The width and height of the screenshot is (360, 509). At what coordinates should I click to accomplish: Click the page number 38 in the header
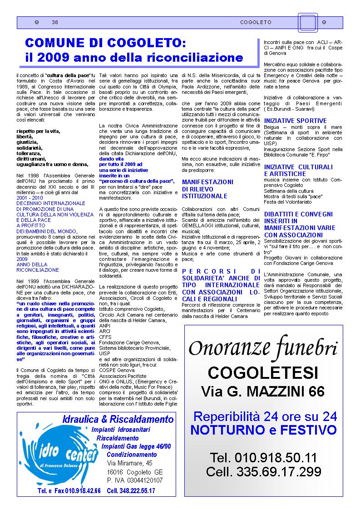coord(55,22)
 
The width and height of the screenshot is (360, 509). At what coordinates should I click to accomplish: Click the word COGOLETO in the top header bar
coord(256,22)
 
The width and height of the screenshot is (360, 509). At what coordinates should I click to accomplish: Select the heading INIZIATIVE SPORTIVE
coord(295,121)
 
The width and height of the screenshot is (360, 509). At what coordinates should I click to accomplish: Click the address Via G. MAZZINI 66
coord(263,391)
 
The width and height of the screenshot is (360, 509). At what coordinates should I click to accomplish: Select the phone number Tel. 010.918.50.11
coord(263,457)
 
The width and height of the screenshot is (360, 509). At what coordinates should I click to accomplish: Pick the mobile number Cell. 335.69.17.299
coord(263,471)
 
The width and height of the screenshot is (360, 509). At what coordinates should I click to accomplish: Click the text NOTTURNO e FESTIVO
coord(263,430)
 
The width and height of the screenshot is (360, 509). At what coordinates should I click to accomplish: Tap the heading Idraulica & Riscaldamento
coord(118,418)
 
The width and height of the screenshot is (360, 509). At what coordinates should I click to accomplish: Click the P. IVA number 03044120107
coord(135,480)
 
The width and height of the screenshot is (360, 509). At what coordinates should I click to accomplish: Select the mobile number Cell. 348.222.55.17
coord(131,491)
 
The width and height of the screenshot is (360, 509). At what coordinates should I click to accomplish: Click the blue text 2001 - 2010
coord(30,198)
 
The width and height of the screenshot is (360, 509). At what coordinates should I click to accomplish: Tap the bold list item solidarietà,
coord(30,148)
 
